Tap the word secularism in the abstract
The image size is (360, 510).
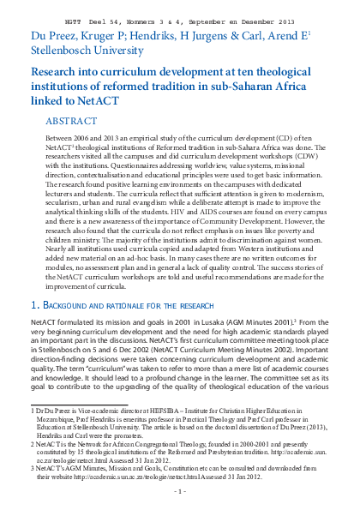click(62, 206)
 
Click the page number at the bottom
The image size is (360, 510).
click(180, 492)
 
